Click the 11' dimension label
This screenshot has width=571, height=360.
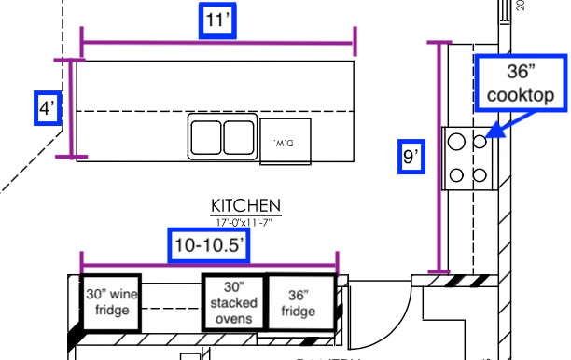218,21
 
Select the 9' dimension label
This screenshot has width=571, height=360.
410,157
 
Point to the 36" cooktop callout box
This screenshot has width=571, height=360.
520,82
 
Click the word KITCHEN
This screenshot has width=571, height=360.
246,205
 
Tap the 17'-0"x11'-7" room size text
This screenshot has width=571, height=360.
246,222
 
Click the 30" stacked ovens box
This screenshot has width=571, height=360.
233,302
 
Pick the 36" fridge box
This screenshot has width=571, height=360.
299,301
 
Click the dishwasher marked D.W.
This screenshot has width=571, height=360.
284,142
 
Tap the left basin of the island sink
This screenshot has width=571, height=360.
205,137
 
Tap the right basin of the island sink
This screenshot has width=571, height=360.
239,137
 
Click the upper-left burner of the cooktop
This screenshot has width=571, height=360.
457,141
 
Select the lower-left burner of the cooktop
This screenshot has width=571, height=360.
457,173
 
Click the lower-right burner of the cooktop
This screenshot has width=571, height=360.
480,173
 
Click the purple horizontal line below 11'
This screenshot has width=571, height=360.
218,43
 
